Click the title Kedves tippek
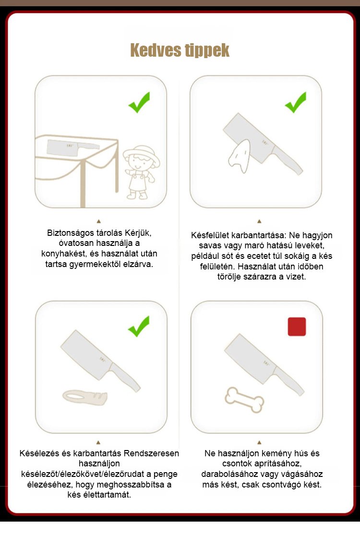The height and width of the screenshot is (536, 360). (180, 50)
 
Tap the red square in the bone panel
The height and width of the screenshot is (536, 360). (297, 327)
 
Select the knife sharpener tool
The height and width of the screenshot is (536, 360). (85, 397)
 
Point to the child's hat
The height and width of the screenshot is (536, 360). (142, 153)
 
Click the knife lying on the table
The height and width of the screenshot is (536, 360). (73, 147)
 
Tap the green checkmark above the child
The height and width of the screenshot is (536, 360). (139, 102)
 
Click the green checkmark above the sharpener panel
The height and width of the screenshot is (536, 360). (139, 326)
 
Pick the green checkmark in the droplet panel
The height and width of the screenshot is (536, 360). (296, 102)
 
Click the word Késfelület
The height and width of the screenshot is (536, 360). (210, 235)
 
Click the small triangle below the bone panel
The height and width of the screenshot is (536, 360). (259, 442)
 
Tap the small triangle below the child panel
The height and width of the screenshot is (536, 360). (99, 221)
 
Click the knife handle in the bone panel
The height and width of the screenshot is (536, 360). (289, 381)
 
